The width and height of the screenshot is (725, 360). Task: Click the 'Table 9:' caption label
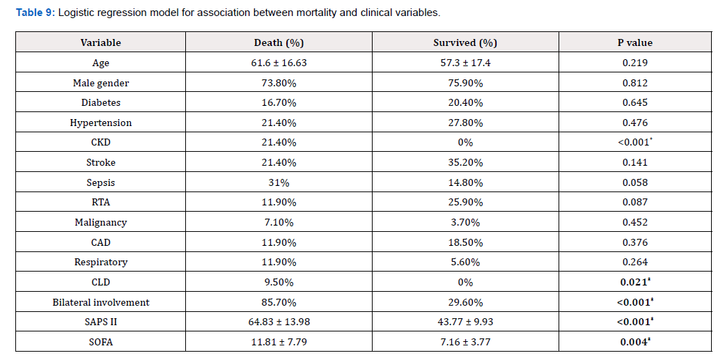coord(36,13)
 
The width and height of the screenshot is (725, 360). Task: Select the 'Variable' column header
coord(101,42)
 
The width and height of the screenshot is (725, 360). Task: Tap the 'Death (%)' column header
coord(279,42)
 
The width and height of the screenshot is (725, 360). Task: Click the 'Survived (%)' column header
coord(465,42)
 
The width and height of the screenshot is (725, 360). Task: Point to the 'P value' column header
coord(635,42)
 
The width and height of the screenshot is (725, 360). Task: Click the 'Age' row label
coord(101,63)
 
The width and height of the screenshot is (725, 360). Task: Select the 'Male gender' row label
coord(101,83)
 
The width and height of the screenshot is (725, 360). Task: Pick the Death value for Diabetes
coord(279,102)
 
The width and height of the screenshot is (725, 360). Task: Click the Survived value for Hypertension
coord(465,123)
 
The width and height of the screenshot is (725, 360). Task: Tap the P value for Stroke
coord(635,162)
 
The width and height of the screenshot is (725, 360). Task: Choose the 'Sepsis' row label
coord(101,182)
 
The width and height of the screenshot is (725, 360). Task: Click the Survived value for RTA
coord(465,202)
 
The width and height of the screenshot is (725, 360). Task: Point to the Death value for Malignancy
coord(279,222)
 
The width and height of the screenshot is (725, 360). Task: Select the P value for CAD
coord(635,242)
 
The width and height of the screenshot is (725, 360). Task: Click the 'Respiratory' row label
coord(101,262)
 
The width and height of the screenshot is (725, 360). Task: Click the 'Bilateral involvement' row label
coord(101,302)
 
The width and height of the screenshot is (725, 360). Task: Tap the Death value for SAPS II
coord(279,322)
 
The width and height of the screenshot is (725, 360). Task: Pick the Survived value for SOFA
coord(465,342)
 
